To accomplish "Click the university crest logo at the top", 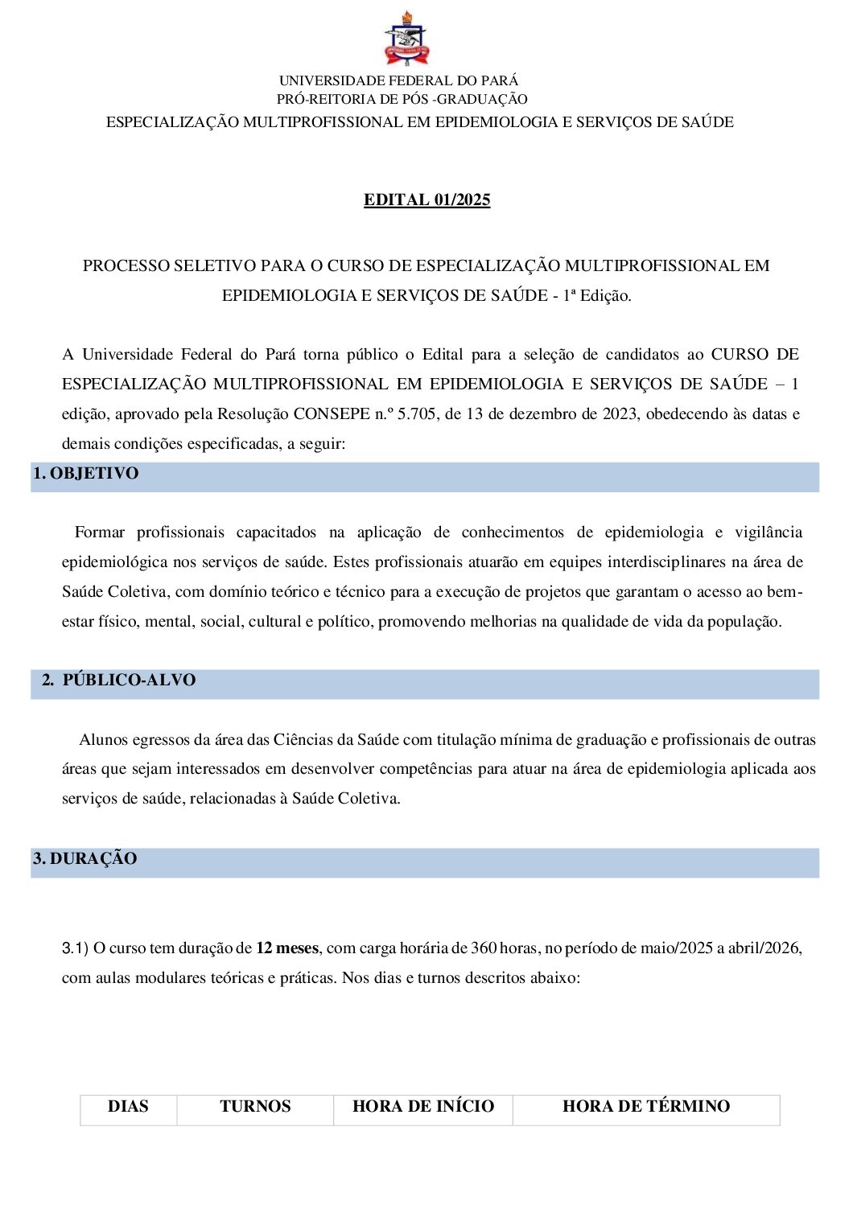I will (x=406, y=39).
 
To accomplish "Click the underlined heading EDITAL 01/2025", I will (x=426, y=199).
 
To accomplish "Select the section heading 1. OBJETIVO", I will (x=86, y=474).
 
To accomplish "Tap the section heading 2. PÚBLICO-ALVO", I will (x=119, y=681).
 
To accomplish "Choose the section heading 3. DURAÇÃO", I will (x=85, y=859).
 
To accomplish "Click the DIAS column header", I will (x=128, y=1107).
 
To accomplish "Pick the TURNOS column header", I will (x=255, y=1107).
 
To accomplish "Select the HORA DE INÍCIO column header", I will (x=423, y=1107).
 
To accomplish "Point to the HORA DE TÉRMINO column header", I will (x=646, y=1107).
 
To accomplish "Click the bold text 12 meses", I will (x=287, y=948).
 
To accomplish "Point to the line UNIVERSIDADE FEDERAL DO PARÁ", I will (x=398, y=80).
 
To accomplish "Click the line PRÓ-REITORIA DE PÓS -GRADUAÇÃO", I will (x=402, y=99).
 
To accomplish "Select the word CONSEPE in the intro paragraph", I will (x=332, y=414).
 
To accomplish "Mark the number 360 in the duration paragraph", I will (x=484, y=948).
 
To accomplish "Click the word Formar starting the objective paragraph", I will (x=100, y=533).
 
